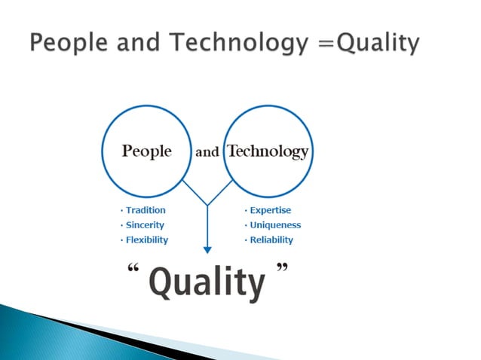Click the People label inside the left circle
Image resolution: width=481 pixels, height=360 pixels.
146,151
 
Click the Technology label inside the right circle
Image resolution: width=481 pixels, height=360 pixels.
268,151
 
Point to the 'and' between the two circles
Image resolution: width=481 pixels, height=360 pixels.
207,152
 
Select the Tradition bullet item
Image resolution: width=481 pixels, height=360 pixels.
145,210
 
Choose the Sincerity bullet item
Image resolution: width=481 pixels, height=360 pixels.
144,224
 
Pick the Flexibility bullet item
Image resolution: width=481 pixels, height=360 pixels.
146,239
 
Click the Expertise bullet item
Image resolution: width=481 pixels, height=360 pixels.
269,210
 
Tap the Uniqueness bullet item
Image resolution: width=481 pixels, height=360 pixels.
274,224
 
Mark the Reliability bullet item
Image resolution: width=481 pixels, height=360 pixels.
271,239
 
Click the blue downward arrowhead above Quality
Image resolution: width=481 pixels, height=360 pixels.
207,250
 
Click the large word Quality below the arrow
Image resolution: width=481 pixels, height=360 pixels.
207,282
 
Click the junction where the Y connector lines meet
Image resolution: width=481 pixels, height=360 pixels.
207,204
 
